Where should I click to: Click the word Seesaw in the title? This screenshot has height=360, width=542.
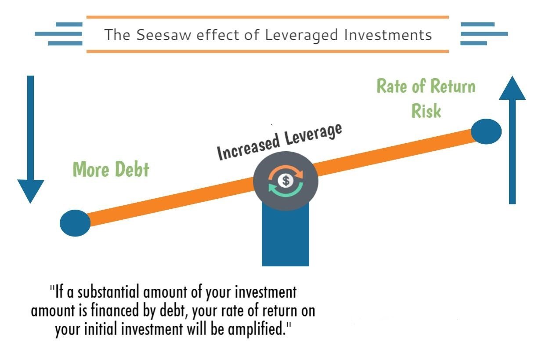click(164, 35)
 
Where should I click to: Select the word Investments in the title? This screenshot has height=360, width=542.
click(388, 35)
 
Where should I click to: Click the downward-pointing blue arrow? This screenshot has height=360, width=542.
click(30, 139)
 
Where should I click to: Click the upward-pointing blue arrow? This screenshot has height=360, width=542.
click(512, 140)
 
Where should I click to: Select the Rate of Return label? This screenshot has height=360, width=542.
click(426, 86)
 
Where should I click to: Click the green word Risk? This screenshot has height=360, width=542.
click(426, 111)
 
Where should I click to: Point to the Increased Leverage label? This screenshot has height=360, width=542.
click(279, 142)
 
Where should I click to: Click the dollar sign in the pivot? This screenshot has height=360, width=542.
click(286, 181)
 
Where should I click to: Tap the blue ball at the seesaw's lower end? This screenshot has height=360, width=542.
click(75, 223)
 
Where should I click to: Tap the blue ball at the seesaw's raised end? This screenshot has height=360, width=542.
click(486, 131)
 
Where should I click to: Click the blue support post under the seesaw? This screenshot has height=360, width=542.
click(285, 235)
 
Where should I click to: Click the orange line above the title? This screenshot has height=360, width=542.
click(267, 17)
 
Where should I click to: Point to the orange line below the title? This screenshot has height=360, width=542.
click(267, 51)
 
